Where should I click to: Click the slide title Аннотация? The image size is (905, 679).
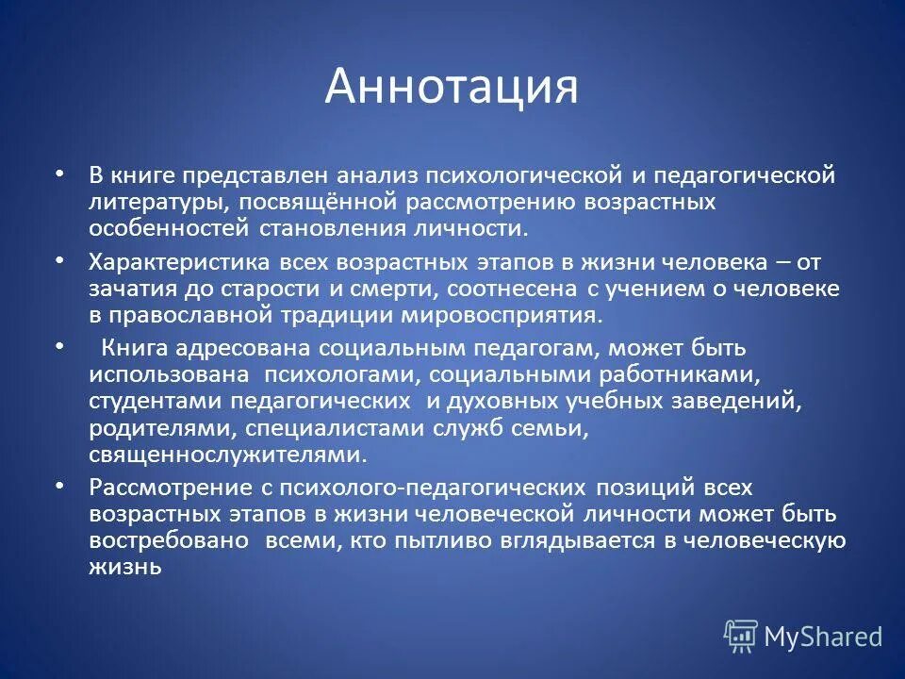point(452,86)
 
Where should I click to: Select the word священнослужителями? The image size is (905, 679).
point(226,455)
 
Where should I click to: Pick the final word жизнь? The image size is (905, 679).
point(126,567)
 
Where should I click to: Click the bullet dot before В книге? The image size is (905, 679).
point(60,174)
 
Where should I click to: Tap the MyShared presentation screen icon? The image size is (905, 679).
point(740,637)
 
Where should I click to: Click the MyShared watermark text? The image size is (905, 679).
point(823,638)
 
